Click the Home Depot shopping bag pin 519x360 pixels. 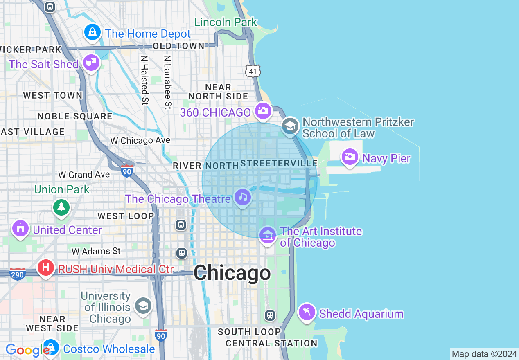tap(93, 32)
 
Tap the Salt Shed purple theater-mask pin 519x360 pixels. tap(91, 63)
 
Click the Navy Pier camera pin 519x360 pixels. tap(350, 157)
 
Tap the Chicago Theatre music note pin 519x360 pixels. tap(243, 198)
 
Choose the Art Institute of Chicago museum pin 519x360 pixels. tap(268, 235)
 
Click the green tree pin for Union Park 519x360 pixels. tap(61, 207)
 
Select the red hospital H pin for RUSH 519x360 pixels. tap(45, 268)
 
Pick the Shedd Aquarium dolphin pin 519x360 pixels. tap(307, 313)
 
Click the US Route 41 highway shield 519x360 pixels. tap(253, 72)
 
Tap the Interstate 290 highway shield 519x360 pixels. tap(18, 274)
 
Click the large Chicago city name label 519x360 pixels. tap(232, 273)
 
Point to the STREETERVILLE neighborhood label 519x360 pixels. tap(279, 164)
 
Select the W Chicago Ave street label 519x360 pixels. tap(140, 141)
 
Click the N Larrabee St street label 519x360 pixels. tap(167, 82)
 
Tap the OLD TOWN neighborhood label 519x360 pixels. tap(178, 46)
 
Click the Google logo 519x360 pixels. tap(27, 350)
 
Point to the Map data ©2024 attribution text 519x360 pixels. tap(485, 354)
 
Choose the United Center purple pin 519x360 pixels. tap(20, 228)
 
